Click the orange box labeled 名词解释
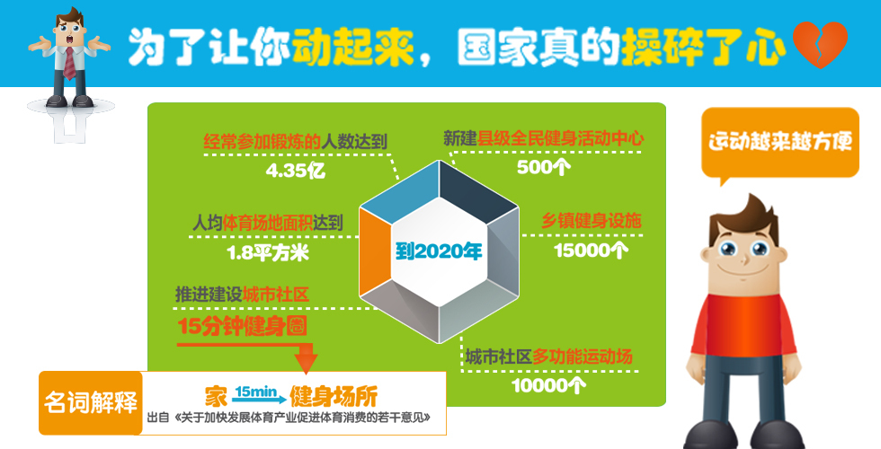90,401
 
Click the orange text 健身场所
334,395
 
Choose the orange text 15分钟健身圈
244,325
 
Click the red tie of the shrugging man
70,62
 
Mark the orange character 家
215,395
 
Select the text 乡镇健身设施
592,221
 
